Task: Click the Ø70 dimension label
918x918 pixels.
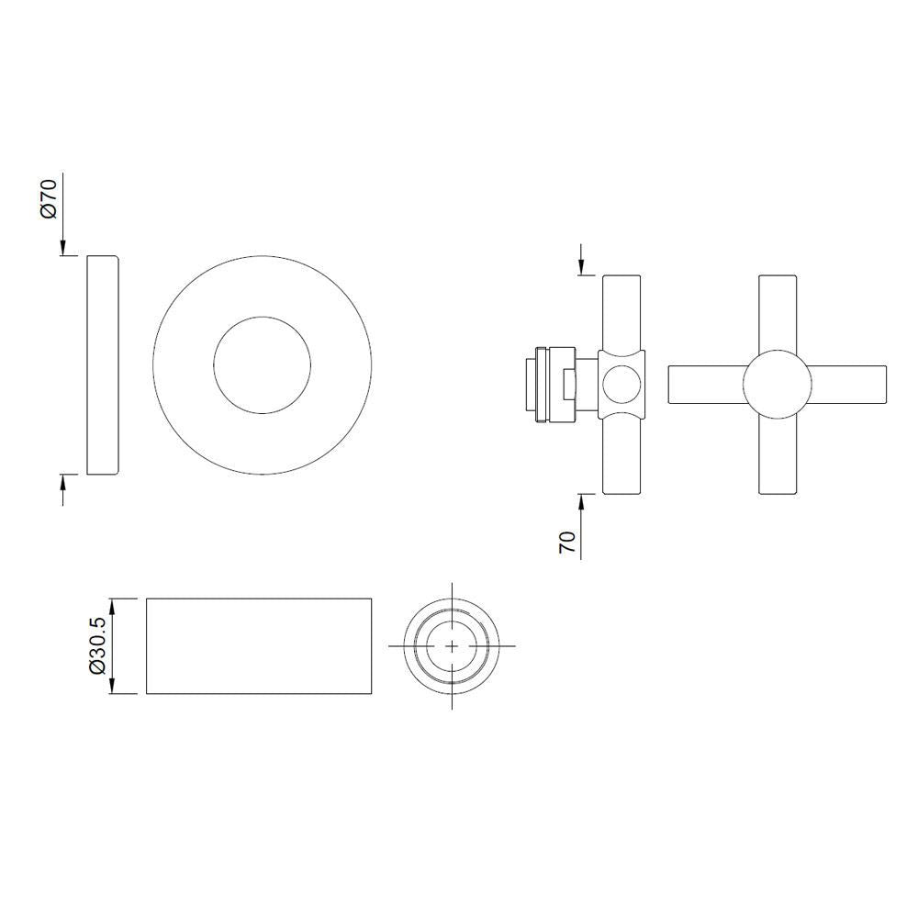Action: [50, 197]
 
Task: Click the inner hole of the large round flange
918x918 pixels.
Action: [263, 364]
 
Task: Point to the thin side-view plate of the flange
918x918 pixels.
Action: [103, 364]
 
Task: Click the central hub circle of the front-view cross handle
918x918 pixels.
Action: [777, 384]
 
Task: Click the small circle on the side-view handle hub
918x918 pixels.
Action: [621, 384]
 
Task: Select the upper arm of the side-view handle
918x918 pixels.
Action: [621, 310]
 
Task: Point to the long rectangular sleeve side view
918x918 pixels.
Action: [259, 646]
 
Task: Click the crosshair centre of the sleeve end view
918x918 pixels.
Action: [452, 646]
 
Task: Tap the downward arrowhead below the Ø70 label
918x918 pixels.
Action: [63, 247]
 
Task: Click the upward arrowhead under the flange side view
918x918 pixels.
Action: [63, 481]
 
